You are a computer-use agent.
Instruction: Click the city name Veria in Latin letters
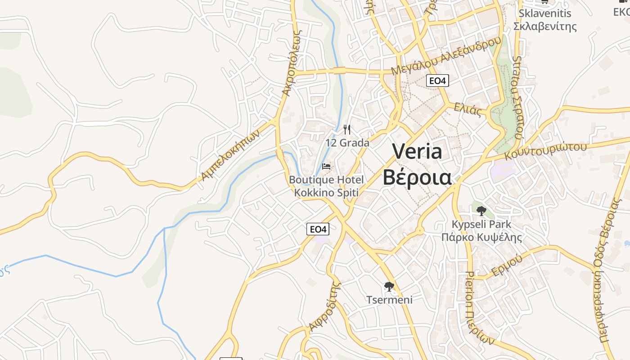417,152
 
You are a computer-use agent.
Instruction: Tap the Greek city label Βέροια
417,177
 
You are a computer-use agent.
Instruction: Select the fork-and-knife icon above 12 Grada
347,130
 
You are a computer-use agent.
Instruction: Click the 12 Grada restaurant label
347,143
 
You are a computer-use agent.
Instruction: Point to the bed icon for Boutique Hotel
326,167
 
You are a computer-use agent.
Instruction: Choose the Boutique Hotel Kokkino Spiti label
326,186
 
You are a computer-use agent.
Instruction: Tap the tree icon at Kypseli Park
481,211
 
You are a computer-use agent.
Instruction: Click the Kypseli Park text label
481,230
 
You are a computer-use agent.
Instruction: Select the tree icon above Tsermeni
389,286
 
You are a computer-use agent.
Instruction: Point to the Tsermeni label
389,300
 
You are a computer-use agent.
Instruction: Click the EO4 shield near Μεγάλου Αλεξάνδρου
437,81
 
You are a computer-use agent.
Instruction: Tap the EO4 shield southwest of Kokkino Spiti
318,229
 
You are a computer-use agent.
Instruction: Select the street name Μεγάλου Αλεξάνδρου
445,56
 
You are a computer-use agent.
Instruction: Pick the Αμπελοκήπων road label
231,155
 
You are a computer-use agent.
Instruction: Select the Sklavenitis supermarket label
545,19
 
